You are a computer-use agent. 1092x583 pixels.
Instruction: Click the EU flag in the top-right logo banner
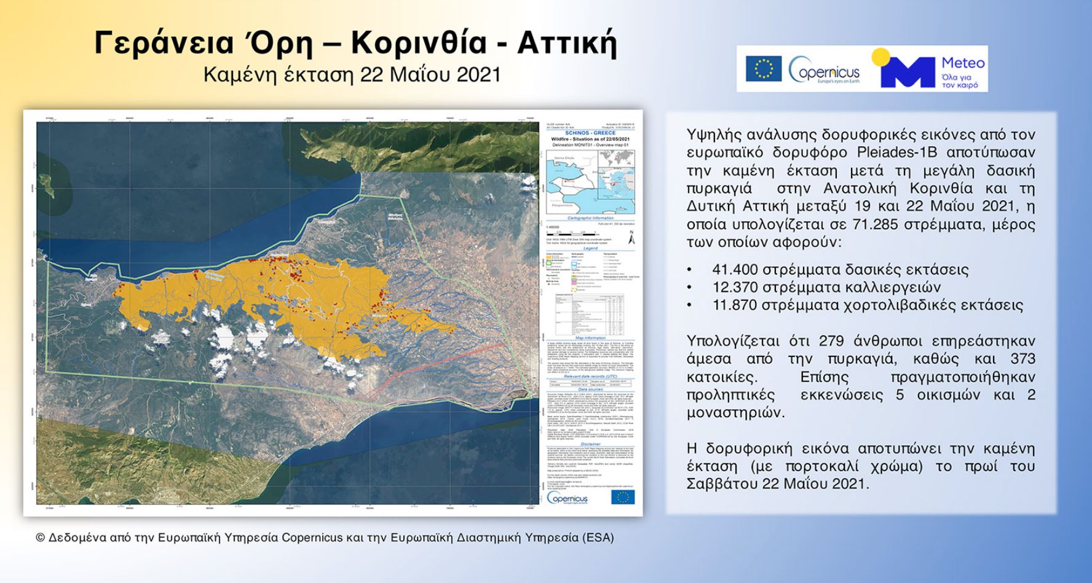764,69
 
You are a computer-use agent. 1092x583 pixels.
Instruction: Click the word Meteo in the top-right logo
963,63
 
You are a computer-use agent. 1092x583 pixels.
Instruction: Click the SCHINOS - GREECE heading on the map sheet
590,133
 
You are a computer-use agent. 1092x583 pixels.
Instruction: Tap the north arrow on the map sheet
631,239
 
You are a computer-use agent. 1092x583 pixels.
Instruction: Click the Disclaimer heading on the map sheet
590,443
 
